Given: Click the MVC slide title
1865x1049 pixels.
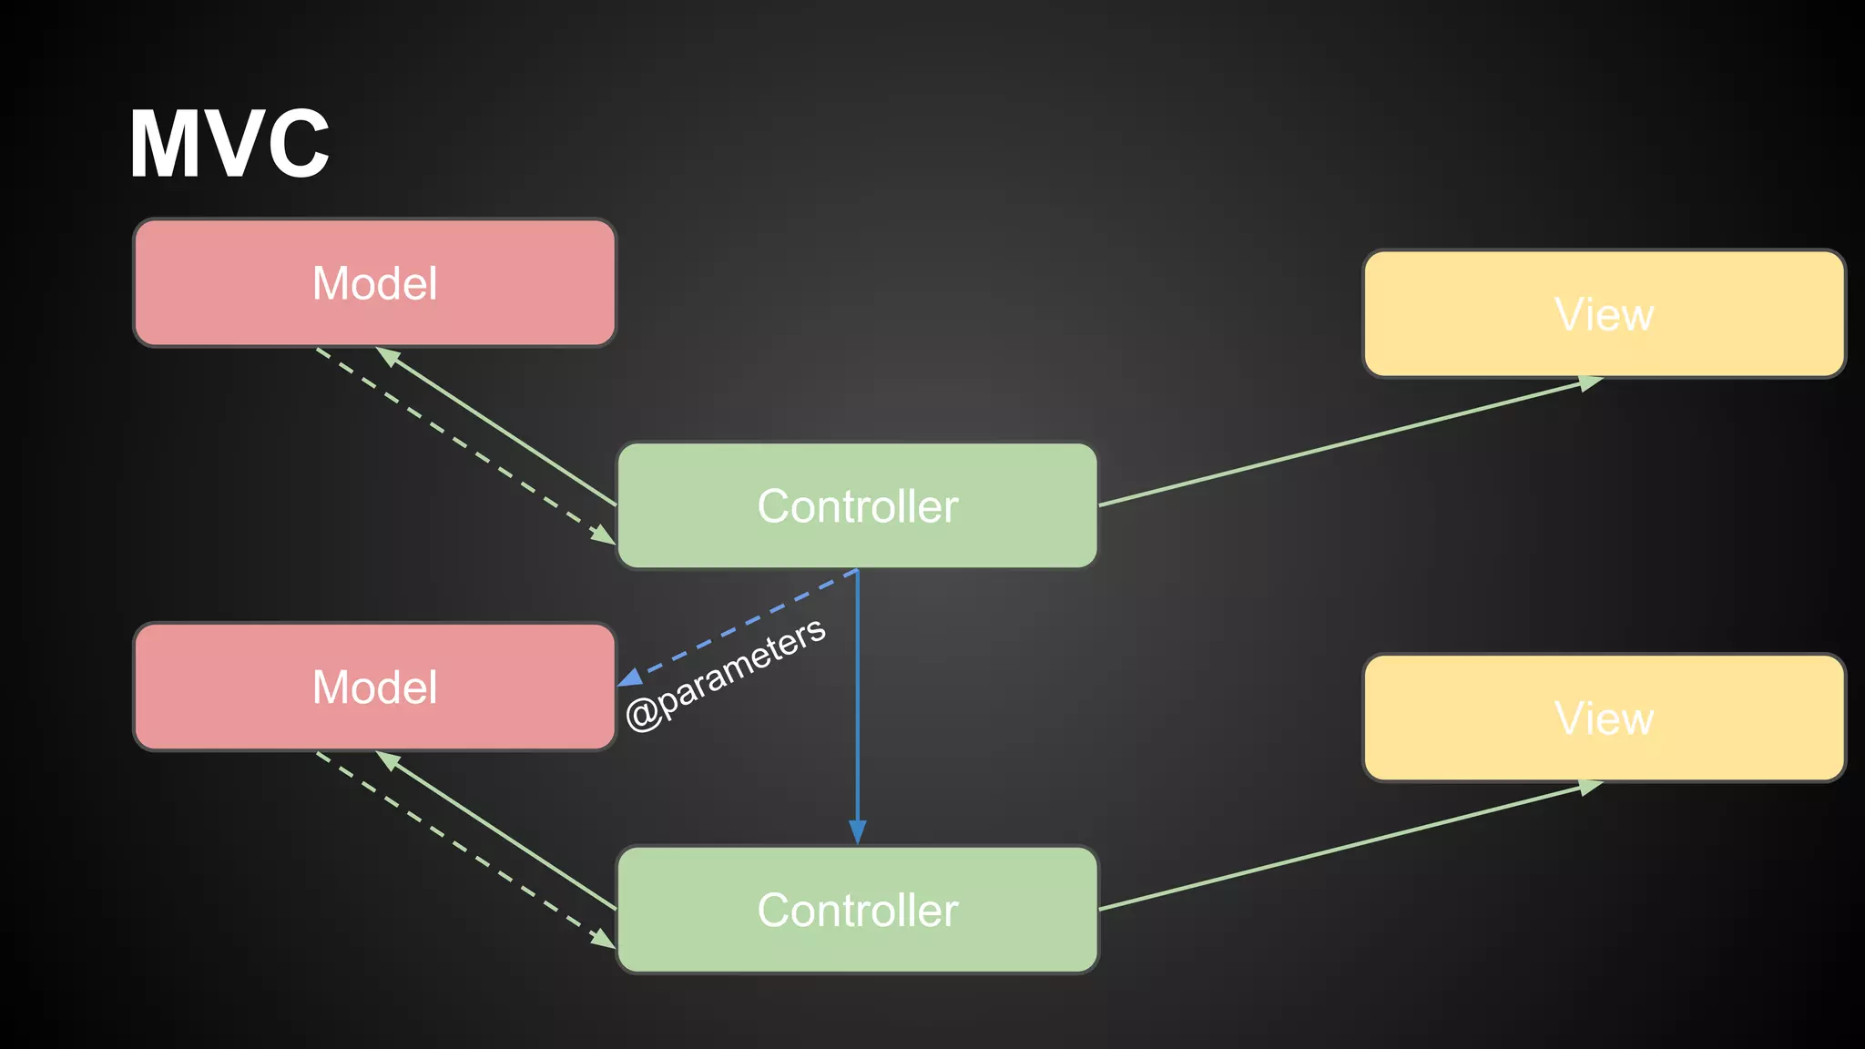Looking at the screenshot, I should click(x=229, y=144).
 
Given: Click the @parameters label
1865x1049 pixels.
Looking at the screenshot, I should click(x=726, y=675).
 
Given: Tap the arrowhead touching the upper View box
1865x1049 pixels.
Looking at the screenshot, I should click(x=1590, y=383).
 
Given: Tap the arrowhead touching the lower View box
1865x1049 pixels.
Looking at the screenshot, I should click(x=1590, y=787).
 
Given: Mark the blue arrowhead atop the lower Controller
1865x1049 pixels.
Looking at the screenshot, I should click(x=857, y=832).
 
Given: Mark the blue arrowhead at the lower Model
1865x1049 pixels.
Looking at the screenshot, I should click(x=629, y=678).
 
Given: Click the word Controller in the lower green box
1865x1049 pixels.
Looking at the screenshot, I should click(x=857, y=911).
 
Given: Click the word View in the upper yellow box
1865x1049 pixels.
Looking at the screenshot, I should click(x=1604, y=315).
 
